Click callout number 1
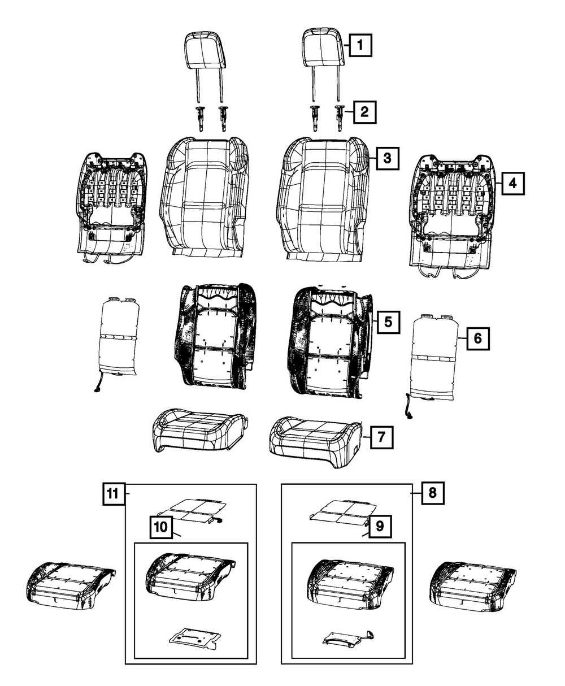coord(360,44)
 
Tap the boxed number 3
coord(386,158)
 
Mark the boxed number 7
coord(381,436)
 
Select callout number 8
coord(432,493)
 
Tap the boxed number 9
coord(380,526)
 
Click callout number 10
coord(161,527)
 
